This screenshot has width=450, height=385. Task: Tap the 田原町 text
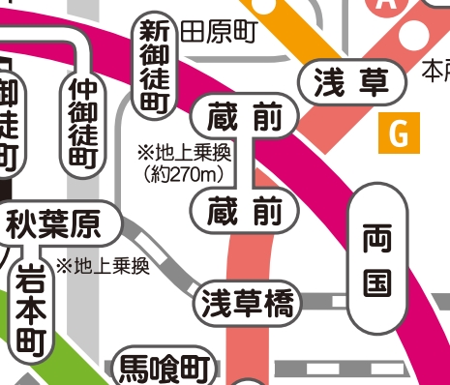point(218,32)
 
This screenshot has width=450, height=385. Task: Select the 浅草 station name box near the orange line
point(352,83)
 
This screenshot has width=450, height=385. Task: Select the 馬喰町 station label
point(164,369)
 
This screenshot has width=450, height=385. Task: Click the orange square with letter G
point(399,133)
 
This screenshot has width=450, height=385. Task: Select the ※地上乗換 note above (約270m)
point(183,153)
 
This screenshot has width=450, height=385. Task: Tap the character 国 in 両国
point(375,282)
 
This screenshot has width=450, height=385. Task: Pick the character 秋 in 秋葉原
point(23,227)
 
